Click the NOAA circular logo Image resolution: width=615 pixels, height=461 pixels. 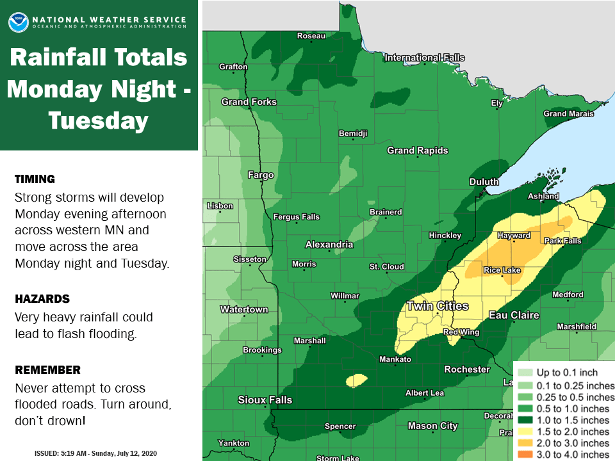(x=18, y=22)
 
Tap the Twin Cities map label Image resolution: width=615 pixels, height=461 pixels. (x=438, y=306)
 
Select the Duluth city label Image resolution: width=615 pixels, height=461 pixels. (x=484, y=182)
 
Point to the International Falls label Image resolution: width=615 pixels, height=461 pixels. (x=424, y=58)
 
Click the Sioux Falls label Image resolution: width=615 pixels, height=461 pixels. (x=265, y=400)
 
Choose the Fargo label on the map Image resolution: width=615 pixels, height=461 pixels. (x=261, y=175)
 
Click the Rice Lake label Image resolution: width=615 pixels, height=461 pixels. (x=502, y=270)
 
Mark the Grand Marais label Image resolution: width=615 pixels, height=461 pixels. (x=564, y=114)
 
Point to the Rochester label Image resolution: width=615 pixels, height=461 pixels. (x=467, y=369)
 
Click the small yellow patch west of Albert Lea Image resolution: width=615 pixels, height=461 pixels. (x=356, y=381)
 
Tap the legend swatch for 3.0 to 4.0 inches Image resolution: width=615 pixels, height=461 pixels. (x=525, y=455)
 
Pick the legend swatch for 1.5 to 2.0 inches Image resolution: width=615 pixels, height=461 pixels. (x=525, y=432)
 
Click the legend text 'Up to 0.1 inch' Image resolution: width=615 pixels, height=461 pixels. (x=567, y=373)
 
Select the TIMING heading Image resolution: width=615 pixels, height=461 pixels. (x=35, y=179)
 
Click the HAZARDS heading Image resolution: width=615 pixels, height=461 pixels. (x=42, y=299)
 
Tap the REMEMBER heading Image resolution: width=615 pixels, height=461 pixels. (x=47, y=370)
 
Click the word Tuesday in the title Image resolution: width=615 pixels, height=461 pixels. (x=99, y=120)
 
